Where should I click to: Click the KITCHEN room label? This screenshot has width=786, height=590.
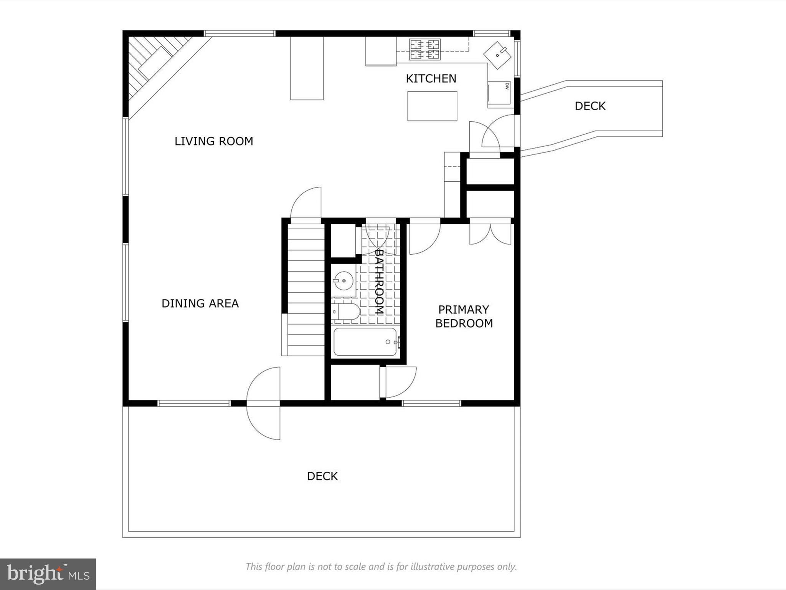431,79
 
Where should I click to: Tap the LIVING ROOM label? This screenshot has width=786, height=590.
214,141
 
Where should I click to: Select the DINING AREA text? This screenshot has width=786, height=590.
200,303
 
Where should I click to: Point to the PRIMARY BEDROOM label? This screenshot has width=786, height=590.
464,316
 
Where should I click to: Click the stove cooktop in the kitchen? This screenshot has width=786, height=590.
424,50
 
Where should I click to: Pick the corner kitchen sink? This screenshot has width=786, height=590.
497,55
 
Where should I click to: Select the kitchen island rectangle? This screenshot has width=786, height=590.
432,106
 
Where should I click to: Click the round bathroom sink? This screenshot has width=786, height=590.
343,281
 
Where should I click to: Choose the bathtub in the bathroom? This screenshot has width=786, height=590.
365,341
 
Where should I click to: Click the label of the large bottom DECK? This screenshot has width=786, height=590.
322,476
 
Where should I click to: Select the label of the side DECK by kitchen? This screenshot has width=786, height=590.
590,106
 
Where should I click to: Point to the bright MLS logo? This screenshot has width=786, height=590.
48,574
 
